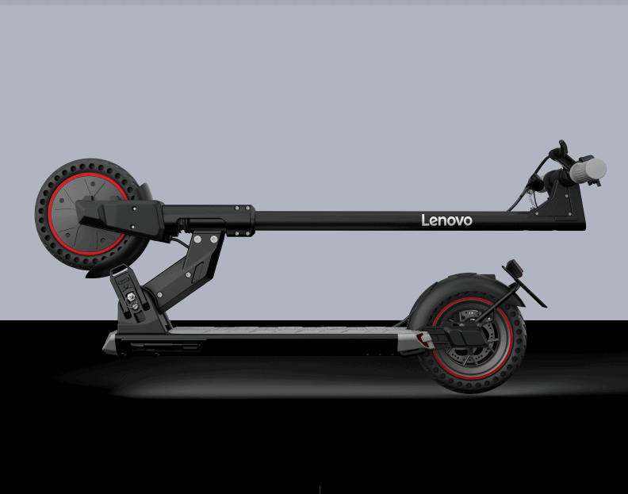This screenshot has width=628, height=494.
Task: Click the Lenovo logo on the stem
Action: point(446,220)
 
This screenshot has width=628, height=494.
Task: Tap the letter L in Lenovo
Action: point(424,220)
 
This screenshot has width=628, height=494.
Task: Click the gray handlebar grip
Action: point(588,170)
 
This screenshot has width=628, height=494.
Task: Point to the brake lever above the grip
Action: point(560,150)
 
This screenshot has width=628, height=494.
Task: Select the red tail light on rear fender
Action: point(515,267)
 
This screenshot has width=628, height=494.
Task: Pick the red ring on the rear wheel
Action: point(510,339)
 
